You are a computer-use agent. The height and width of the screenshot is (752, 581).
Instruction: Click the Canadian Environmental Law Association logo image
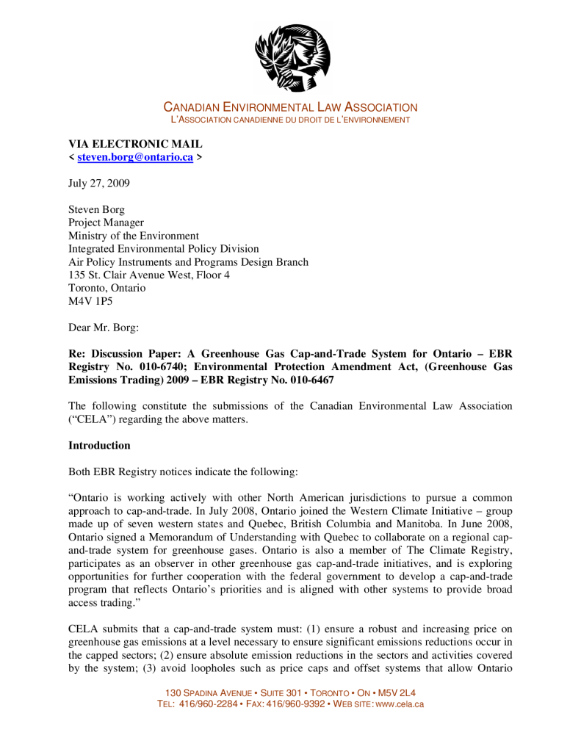[x=292, y=57]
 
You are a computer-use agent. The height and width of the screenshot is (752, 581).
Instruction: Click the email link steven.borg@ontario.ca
[x=135, y=157]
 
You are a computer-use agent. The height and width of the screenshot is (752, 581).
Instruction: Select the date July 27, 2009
[x=98, y=184]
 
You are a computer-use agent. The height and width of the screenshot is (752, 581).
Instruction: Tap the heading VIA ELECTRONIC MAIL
[x=135, y=144]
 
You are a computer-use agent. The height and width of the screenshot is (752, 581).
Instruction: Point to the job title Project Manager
[x=106, y=223]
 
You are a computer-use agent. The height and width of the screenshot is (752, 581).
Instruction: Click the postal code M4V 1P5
[x=90, y=301]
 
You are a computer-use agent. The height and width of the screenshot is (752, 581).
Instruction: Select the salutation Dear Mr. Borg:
[x=103, y=328]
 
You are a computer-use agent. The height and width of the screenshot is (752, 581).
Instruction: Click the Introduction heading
[x=99, y=445]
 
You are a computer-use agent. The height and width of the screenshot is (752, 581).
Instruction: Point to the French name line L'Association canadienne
[x=290, y=120]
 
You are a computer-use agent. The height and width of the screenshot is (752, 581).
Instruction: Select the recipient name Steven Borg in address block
[x=96, y=210]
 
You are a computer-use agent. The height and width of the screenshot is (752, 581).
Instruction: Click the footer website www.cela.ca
[x=400, y=704]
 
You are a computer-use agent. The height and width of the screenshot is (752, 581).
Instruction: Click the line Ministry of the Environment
[x=134, y=236]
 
